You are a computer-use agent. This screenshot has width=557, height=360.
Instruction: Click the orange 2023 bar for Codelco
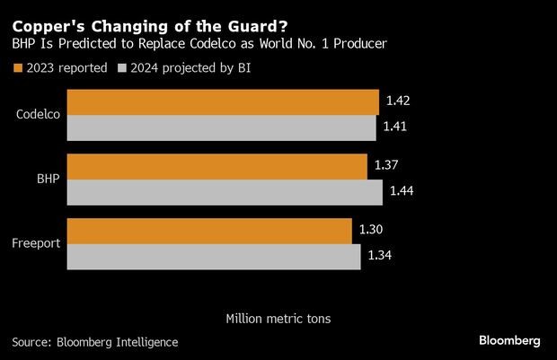pos(223,101)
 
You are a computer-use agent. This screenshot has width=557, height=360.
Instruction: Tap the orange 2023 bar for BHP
pos(217,166)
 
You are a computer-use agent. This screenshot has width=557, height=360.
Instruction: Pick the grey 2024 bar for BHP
pos(225,192)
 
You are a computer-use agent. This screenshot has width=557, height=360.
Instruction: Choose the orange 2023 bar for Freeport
pos(208,231)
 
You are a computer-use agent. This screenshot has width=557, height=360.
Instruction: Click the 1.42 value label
pos(397,101)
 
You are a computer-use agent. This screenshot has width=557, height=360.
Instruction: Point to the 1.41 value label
pos(394,127)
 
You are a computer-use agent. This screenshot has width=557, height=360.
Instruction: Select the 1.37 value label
pos(386,166)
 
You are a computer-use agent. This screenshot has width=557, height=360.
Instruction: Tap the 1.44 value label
pos(401,192)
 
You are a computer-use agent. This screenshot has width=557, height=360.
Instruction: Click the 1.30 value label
pos(370,231)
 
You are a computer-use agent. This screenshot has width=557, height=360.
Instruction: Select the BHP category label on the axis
pos(47,180)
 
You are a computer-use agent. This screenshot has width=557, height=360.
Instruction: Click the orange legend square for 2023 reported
pos(18,67)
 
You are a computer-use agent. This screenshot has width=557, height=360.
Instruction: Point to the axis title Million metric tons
pos(278,317)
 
